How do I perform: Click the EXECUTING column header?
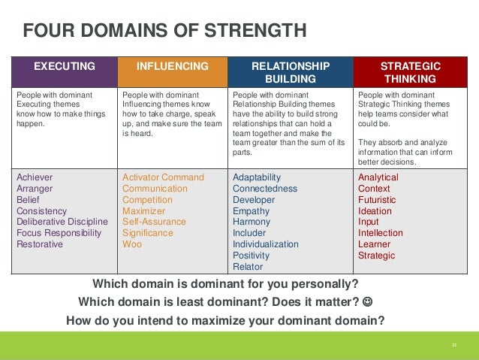(x=65, y=66)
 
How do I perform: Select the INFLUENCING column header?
(x=172, y=66)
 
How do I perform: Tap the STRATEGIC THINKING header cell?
(x=410, y=72)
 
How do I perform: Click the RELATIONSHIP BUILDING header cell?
(x=290, y=72)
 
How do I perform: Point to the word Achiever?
(x=35, y=177)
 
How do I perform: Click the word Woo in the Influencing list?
(x=132, y=244)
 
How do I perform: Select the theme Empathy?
(x=252, y=211)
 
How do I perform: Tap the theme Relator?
(x=248, y=267)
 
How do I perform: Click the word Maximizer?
(x=144, y=211)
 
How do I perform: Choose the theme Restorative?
(x=40, y=244)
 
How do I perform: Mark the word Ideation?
(x=375, y=211)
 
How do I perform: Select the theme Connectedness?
(x=265, y=189)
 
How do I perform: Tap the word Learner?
(x=374, y=244)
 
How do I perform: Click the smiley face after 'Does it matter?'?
(x=367, y=303)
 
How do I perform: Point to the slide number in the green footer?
(x=454, y=345)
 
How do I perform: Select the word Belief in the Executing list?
(x=28, y=200)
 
